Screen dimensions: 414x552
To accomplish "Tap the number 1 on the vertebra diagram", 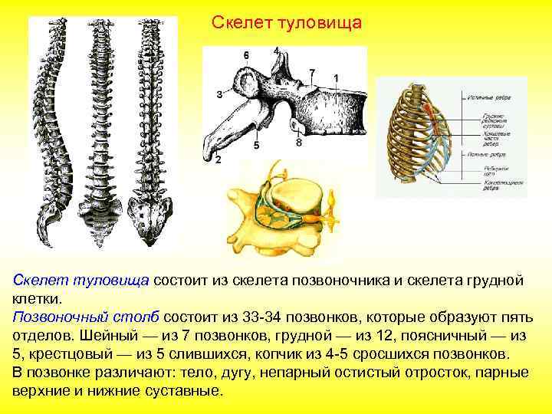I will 337,78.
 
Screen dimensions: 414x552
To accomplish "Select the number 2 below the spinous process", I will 218,159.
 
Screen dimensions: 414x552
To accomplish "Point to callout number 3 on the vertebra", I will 219,94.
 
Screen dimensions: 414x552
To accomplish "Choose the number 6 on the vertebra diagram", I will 246,56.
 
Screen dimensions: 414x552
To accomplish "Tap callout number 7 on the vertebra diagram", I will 312,73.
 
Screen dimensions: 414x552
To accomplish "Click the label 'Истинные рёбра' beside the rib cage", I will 483,97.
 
